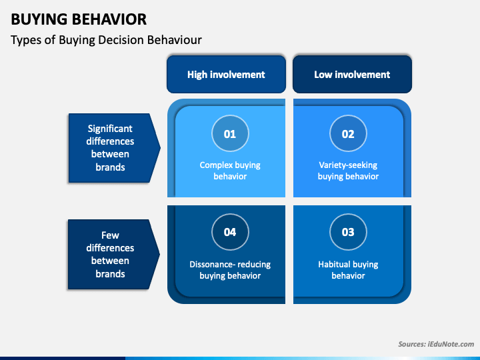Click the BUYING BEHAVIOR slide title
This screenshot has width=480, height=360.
79,19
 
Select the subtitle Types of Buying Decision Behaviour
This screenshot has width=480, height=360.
106,40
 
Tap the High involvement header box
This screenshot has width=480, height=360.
226,75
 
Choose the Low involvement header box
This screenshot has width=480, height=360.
353,75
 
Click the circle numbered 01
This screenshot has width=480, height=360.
230,133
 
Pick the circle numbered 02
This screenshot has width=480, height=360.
348,133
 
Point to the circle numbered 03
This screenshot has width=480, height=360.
348,232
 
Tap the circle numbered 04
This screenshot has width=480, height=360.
230,232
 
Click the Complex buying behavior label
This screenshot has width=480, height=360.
230,171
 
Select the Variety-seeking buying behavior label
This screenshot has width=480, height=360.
348,171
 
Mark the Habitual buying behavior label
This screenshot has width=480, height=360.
348,270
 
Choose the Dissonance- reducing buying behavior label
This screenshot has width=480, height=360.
230,270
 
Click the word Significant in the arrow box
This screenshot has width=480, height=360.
110,129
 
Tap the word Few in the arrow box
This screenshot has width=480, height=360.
110,235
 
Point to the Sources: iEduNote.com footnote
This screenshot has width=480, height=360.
436,344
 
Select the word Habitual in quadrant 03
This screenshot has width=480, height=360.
332,264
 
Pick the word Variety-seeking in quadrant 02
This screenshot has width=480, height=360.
348,165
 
